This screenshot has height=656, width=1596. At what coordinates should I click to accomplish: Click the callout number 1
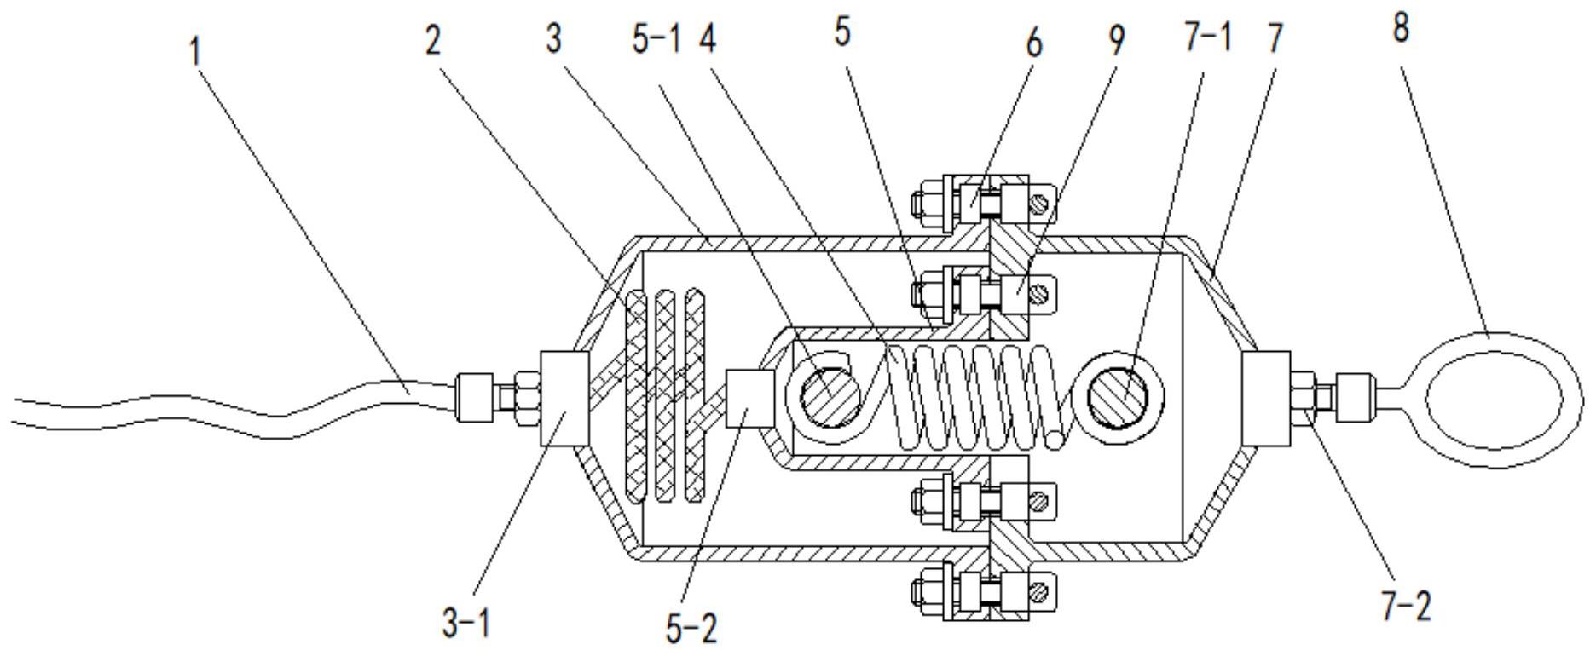click(x=195, y=52)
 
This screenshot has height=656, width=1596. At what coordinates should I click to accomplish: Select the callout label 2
click(x=434, y=41)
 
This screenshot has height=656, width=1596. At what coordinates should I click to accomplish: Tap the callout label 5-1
click(x=657, y=39)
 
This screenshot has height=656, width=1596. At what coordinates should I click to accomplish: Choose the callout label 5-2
click(x=691, y=628)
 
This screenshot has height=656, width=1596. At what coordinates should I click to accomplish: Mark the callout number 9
click(x=1116, y=40)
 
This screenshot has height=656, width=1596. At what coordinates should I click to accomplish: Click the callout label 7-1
click(x=1206, y=38)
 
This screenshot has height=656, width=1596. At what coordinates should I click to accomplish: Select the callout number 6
click(x=1033, y=42)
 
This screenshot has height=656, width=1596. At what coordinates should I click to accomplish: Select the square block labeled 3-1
click(x=564, y=398)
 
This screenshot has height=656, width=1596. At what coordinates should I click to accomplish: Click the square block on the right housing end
click(x=1265, y=399)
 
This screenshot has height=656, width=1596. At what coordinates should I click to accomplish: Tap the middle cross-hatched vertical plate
click(x=668, y=395)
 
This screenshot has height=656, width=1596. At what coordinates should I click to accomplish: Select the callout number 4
click(x=705, y=39)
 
